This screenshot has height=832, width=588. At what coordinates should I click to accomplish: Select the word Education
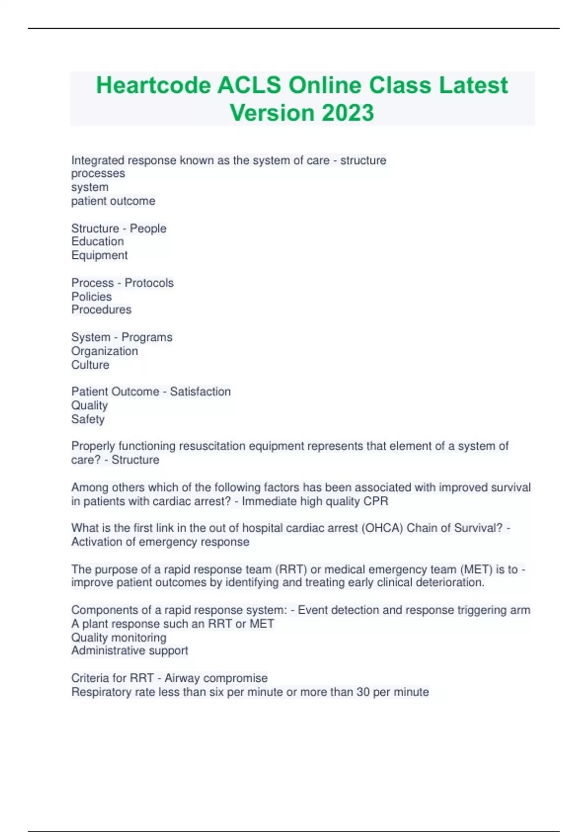coord(98,241)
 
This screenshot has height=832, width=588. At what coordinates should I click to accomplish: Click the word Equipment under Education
coord(99,255)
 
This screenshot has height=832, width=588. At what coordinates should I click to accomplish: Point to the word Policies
coord(92,297)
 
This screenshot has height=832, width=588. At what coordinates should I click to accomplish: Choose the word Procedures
coord(101,310)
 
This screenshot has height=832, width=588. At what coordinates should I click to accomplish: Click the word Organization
coord(104,351)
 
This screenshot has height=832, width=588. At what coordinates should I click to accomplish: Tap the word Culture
coord(90,365)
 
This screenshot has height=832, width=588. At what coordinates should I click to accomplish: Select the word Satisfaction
coord(200,392)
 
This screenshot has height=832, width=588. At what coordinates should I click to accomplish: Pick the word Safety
coord(88,419)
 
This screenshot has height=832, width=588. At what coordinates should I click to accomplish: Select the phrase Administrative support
coord(129,650)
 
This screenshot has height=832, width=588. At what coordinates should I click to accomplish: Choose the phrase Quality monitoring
coord(119,638)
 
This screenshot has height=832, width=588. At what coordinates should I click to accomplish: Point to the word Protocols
coord(149,283)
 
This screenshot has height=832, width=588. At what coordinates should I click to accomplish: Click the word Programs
coord(147,337)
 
